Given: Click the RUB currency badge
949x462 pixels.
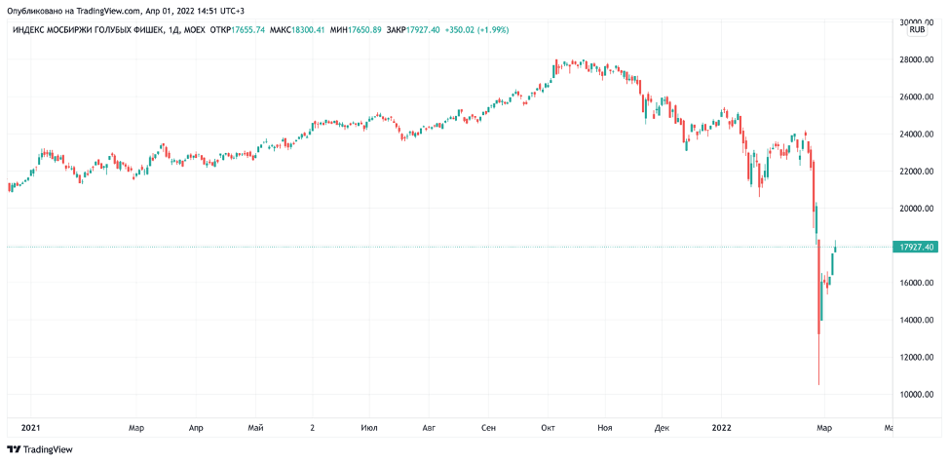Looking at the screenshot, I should point(917,30).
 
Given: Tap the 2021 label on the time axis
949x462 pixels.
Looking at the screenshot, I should point(30,427).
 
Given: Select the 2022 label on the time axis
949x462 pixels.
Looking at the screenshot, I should point(723,427).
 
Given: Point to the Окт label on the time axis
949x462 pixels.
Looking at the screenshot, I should point(548,427).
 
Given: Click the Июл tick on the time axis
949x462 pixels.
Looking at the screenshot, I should point(368,427).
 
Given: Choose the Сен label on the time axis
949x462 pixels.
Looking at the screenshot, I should point(489,427).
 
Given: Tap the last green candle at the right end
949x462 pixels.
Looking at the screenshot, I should point(835,248).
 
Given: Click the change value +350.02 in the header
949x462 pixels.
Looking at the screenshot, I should point(463,30).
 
